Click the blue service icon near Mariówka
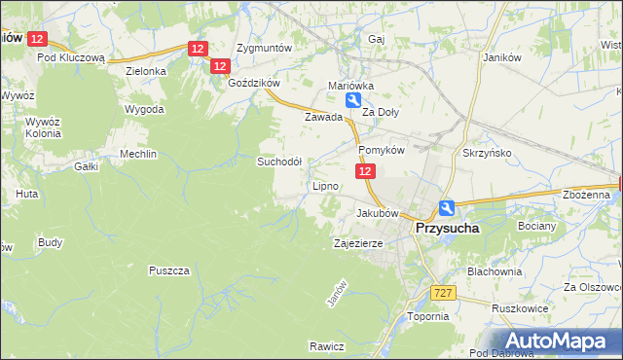point(356,100)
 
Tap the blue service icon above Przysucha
point(446,207)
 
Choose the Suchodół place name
point(279,162)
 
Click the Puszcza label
point(168,270)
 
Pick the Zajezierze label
point(362,243)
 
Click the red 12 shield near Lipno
point(364,171)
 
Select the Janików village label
point(504,57)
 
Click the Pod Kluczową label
point(71,57)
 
